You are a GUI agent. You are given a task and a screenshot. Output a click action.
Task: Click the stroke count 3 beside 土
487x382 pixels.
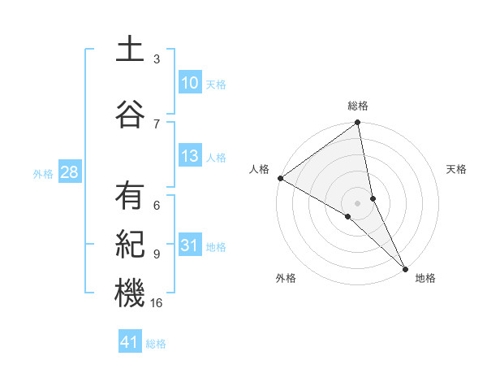pos(157,59)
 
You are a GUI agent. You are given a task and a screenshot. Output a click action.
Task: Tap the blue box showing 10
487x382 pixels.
pos(189,83)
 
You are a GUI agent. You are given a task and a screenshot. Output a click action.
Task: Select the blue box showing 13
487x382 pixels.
pos(189,156)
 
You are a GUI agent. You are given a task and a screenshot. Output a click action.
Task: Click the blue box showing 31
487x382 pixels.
pos(189,246)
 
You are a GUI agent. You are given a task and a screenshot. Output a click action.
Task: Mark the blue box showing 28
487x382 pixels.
pos(69,172)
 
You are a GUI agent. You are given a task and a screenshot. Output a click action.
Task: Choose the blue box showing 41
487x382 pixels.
pos(130,342)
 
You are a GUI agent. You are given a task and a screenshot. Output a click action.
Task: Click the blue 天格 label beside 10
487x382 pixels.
pos(216,85)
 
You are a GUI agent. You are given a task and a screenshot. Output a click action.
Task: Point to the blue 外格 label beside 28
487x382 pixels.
pos(43,173)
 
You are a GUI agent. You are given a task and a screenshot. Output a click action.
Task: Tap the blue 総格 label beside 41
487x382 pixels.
pos(156,344)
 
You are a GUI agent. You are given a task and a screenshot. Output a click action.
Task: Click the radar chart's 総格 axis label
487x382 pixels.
pos(358,106)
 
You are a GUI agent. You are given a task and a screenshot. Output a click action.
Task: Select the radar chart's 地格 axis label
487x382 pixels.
pos(425,278)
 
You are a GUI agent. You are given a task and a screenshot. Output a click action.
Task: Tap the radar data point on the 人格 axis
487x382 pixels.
pos(280,178)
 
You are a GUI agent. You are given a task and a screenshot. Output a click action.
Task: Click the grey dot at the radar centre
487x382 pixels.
pos(358,202)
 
